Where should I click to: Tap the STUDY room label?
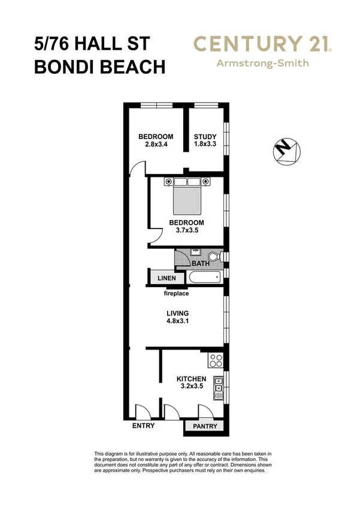point(204,136)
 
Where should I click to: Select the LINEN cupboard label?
point(167,279)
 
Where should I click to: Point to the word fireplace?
point(177,294)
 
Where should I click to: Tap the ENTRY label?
point(143,426)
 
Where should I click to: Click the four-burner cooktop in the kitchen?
point(215,362)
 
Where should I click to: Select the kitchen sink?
point(218,388)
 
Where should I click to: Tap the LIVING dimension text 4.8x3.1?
point(178,322)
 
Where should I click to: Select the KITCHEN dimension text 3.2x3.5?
point(191,388)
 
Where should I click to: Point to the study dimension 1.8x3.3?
point(204,144)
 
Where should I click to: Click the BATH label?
point(200,263)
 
